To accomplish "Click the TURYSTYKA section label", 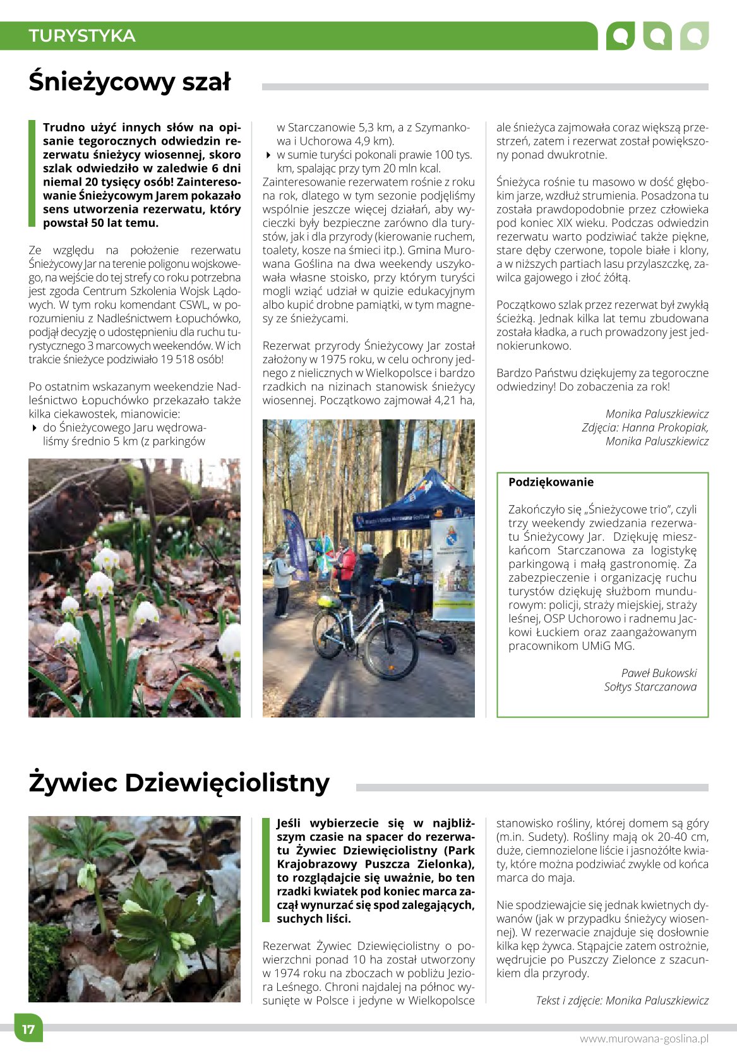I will click(82, 36).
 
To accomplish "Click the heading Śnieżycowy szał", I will click(130, 82).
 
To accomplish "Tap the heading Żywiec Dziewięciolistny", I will click(179, 783).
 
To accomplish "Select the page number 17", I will click(28, 1029).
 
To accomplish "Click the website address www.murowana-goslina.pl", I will click(644, 1039).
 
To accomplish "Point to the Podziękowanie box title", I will click(551, 483).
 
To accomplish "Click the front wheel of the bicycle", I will click(392, 650).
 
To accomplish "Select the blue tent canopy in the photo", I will click(417, 499).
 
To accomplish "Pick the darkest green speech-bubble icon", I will click(620, 36).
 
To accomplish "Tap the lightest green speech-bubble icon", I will click(694, 36).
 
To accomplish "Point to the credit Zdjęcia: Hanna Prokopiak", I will click(645, 428).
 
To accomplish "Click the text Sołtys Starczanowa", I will click(650, 687).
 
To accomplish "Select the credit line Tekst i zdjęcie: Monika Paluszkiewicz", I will click(622, 1000).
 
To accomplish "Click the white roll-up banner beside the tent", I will click(452, 568).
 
